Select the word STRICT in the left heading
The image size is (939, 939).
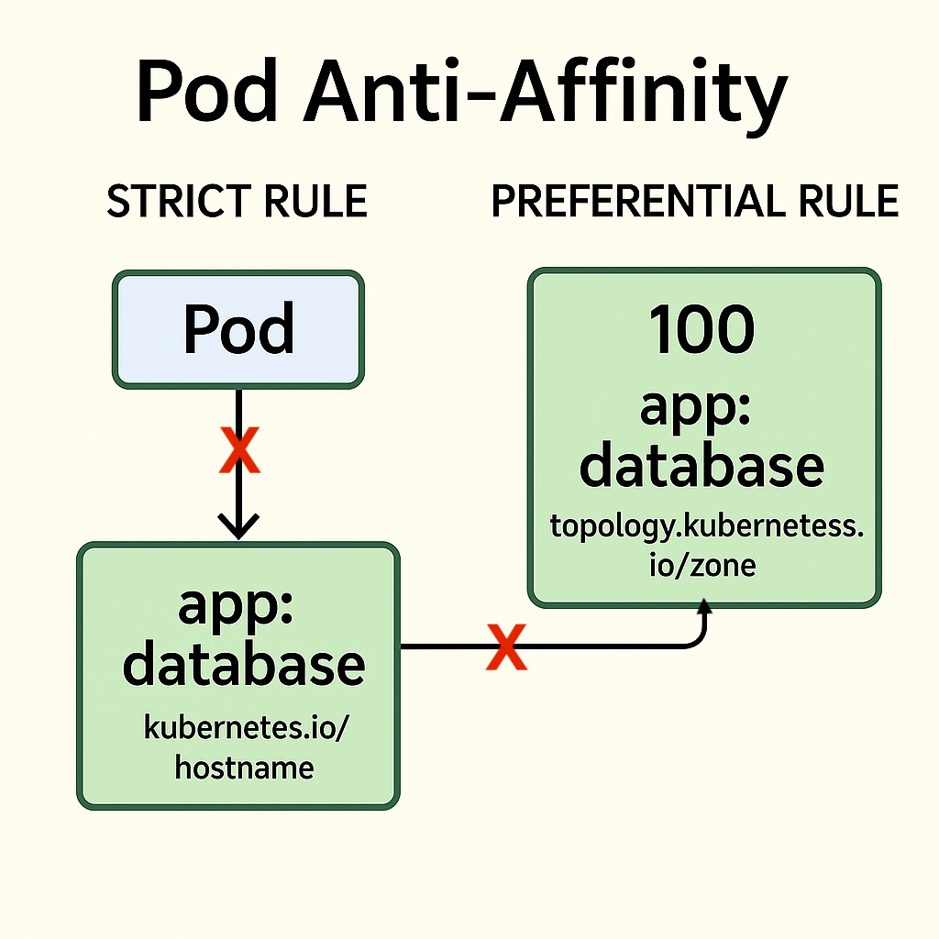tap(174, 202)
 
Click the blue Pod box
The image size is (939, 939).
tap(238, 330)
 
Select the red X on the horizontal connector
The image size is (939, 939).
tap(505, 646)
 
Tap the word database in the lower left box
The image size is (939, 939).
tap(244, 665)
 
